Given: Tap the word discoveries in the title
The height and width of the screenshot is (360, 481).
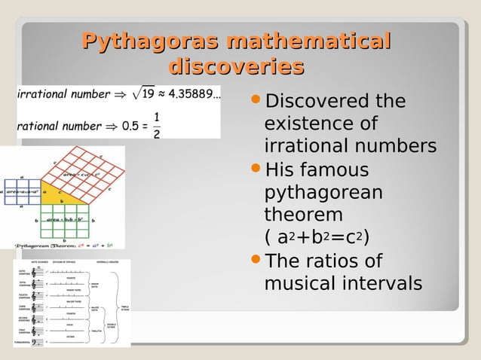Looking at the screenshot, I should (236, 67).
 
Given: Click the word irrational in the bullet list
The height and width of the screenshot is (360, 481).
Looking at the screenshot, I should (299, 146).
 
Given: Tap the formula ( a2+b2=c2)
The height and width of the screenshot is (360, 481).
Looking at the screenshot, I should (317, 238).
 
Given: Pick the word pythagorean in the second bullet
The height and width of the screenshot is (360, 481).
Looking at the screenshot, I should (323, 192).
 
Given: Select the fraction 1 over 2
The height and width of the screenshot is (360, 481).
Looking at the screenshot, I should (156, 126).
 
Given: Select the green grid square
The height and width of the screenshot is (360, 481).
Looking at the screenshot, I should (64, 219).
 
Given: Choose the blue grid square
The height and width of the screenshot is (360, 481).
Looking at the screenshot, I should (22, 191).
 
